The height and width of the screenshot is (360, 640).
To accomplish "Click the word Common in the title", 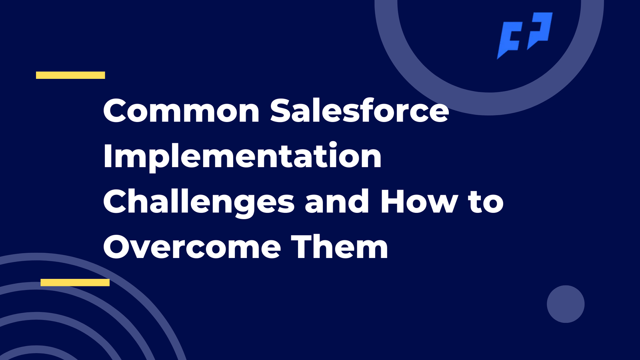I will click(x=181, y=111).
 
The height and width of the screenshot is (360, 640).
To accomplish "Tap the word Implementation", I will click(x=242, y=157).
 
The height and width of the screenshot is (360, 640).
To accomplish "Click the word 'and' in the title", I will click(x=337, y=202).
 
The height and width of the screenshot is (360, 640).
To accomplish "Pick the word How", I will click(x=419, y=202).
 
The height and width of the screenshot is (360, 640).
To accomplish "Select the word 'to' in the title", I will click(x=486, y=202).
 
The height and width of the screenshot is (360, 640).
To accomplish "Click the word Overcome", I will click(x=192, y=248).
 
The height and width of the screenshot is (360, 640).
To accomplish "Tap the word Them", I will click(x=339, y=247).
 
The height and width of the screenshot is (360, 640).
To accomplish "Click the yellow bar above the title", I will click(x=70, y=75).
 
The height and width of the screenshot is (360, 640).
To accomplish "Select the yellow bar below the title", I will click(x=75, y=282).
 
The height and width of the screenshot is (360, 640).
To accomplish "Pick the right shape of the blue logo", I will click(x=540, y=30).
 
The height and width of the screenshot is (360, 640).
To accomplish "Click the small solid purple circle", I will click(x=566, y=304).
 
